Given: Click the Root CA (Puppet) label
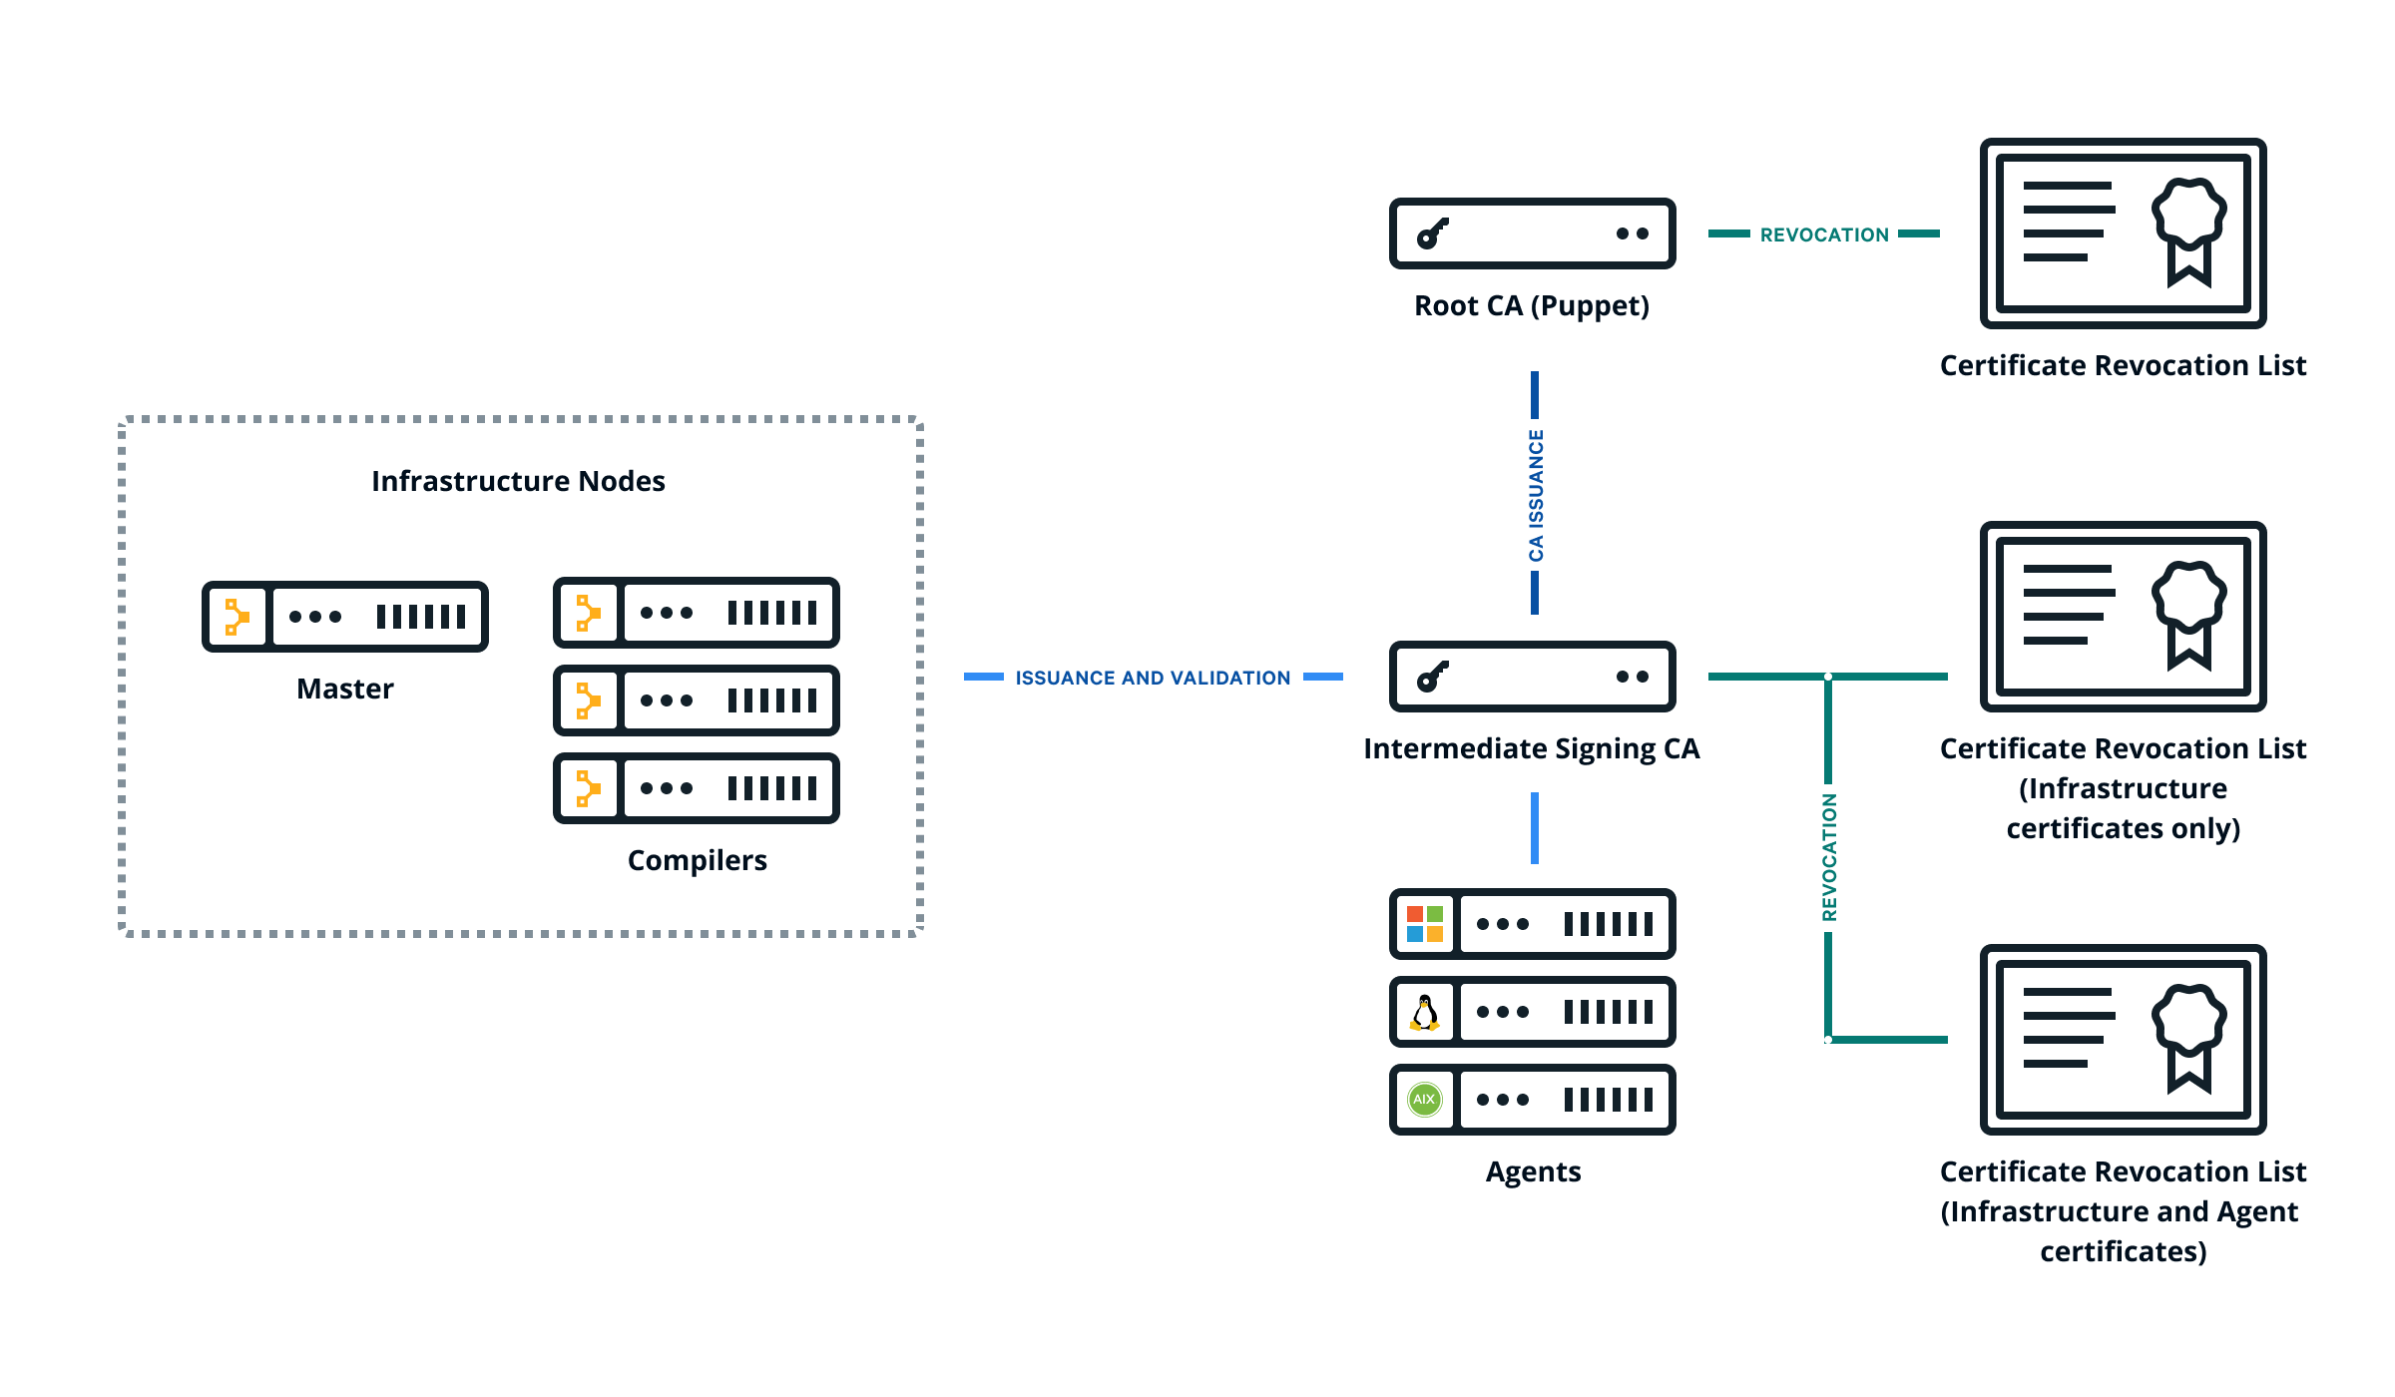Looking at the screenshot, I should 1531,305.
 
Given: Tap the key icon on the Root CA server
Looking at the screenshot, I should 1432,233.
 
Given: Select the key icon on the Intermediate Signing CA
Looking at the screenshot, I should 1432,677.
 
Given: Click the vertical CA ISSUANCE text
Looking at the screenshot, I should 1536,495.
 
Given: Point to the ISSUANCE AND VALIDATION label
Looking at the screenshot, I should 1153,678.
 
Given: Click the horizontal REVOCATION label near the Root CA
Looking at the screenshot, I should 1824,234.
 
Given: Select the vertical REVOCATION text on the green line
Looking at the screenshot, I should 1829,857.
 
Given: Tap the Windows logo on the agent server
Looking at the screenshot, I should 1425,924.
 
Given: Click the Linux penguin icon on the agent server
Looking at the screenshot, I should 1425,1012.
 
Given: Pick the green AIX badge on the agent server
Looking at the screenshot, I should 1425,1100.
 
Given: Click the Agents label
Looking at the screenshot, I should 1533,1171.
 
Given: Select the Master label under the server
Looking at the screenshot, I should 345,689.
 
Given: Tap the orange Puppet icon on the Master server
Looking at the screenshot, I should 237,617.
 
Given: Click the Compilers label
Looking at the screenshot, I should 697,860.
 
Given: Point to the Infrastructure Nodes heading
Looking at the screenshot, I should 518,481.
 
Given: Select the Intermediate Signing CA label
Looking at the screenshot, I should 1531,748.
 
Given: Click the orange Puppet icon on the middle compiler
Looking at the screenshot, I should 588,700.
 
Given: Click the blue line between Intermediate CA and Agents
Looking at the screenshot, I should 1535,828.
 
